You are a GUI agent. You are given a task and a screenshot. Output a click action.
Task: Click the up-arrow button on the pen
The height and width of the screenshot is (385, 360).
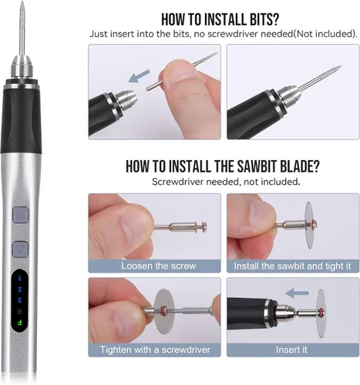[x=20, y=215]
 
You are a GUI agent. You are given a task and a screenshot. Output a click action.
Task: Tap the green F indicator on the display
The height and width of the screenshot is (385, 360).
[x=19, y=323]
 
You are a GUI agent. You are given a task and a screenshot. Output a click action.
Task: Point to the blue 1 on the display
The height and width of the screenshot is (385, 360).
[x=20, y=278]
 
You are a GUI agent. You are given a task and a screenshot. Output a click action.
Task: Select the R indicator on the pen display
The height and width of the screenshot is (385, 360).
[x=20, y=311]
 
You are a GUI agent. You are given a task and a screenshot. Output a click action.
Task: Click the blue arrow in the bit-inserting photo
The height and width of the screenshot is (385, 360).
[x=139, y=75]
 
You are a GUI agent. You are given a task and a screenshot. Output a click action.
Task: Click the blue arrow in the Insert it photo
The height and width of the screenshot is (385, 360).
[x=297, y=293]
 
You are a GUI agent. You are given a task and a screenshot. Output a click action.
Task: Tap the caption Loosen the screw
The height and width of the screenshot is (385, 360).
[x=158, y=266]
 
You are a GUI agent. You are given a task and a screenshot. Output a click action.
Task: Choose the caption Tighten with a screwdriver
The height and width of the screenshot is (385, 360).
[x=155, y=350]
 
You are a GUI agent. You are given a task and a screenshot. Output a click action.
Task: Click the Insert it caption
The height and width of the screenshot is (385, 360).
[x=291, y=350]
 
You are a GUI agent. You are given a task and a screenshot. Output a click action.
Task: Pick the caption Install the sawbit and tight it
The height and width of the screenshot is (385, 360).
[x=292, y=266]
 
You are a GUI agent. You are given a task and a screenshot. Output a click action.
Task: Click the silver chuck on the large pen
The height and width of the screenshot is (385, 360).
[x=22, y=66]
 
